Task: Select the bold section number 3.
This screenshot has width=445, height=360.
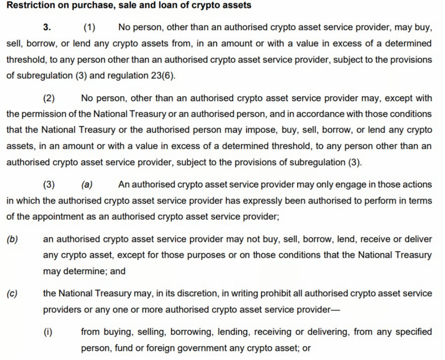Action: tap(47, 27)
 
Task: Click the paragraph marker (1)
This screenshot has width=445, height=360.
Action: tap(90, 27)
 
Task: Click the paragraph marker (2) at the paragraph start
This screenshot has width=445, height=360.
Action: tap(49, 98)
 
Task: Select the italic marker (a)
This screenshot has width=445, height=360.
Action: tap(86, 184)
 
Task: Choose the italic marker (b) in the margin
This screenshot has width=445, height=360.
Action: tap(12, 239)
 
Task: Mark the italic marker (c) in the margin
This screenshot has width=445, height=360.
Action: tap(12, 293)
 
